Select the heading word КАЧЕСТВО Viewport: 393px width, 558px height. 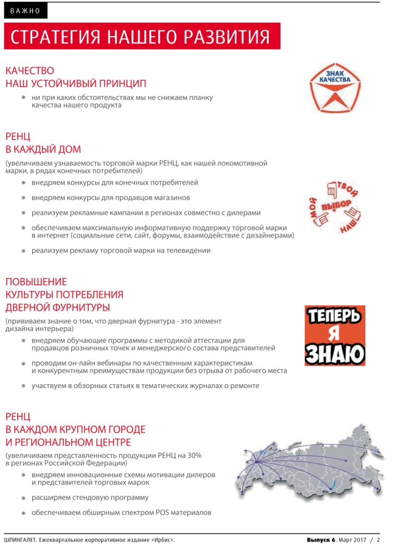pyautogui.click(x=30, y=71)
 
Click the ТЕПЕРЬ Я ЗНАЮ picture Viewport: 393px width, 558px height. pyautogui.click(x=335, y=335)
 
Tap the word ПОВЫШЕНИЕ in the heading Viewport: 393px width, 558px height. pyautogui.click(x=36, y=282)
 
